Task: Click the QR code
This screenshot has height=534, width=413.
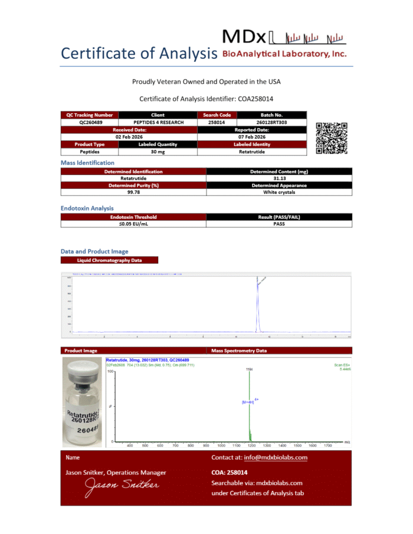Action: click(x=332, y=137)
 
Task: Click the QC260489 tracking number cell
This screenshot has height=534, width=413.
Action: click(x=90, y=122)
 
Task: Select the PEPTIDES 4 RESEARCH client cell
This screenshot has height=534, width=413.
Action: click(x=158, y=122)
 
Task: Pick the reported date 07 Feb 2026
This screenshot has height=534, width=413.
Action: click(x=252, y=137)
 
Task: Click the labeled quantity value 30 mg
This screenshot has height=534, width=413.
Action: click(x=158, y=151)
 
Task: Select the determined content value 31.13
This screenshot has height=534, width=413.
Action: click(x=279, y=178)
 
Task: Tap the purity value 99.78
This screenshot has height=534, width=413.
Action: click(x=133, y=192)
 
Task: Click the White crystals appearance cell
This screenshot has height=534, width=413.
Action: click(x=279, y=192)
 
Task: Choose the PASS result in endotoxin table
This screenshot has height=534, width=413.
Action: click(x=279, y=224)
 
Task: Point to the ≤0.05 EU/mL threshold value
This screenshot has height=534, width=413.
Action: click(x=133, y=224)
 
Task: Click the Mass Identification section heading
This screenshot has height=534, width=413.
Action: click(x=87, y=163)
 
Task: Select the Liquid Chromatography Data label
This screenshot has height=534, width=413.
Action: click(x=109, y=260)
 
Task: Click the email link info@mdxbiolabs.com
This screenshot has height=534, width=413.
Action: click(x=276, y=457)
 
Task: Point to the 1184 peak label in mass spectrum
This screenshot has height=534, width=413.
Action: click(x=249, y=369)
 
